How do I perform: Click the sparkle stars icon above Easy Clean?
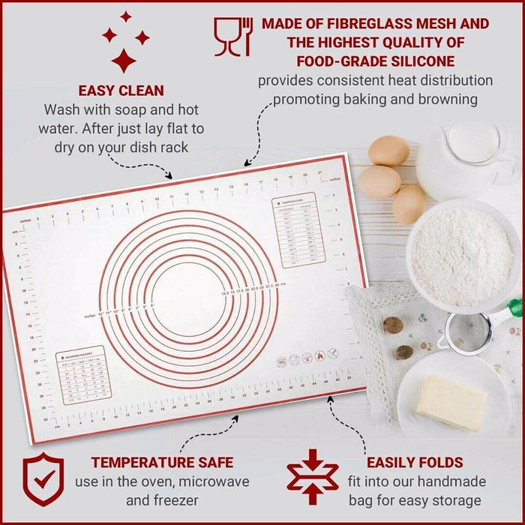point(125,40)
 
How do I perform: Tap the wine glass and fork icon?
point(233,37)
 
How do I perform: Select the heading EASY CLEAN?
point(121,91)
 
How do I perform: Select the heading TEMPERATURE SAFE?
point(162,462)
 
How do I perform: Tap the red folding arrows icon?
point(313,477)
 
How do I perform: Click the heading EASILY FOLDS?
point(415,462)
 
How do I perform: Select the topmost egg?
point(389,150)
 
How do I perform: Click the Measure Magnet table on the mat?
point(84,373)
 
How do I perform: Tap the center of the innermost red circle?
point(188,295)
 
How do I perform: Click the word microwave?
point(208,481)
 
